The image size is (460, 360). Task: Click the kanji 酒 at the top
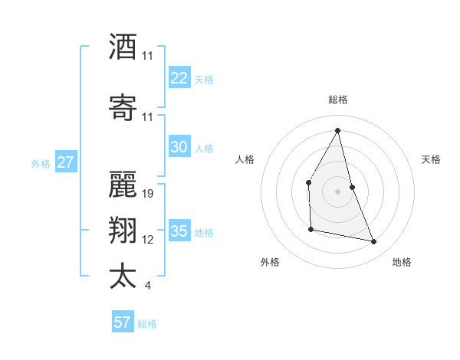point(122,46)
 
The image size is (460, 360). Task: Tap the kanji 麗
point(122,184)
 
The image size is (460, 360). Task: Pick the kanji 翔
point(122,231)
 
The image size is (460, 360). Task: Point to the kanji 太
point(122,276)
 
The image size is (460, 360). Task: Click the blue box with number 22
point(179,77)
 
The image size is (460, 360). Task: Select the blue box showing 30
point(179,147)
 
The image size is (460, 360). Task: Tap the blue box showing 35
point(179,231)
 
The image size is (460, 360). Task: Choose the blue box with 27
point(65,162)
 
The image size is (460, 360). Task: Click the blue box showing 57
point(122,322)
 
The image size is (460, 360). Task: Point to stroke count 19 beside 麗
point(148,194)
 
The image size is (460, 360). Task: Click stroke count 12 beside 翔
point(148,240)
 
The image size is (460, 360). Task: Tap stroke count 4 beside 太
point(147,286)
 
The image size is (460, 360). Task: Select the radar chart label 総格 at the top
point(338,100)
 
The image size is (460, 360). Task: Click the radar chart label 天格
point(431,159)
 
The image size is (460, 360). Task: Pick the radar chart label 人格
point(245,159)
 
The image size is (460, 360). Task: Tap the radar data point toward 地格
point(374,242)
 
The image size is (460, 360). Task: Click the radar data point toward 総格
point(338,130)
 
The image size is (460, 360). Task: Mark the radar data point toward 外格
point(310,229)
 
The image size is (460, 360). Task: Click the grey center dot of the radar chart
point(338,191)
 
